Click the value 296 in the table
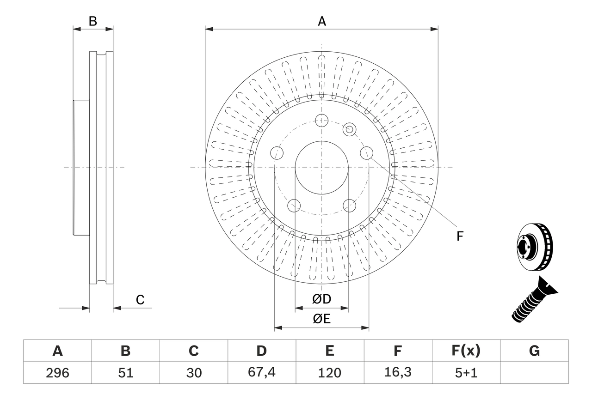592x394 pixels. point(57,373)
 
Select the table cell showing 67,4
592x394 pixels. point(261,373)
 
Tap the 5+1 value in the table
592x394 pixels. point(466,373)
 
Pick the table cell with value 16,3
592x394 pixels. point(398,373)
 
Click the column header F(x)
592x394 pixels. point(466,351)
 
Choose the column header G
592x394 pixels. point(534,351)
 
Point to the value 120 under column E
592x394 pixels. point(329,373)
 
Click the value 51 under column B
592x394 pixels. point(125,373)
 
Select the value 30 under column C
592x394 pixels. point(193,373)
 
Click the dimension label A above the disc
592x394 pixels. point(321,21)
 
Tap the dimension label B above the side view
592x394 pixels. point(93,21)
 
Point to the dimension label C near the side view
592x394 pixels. point(140,300)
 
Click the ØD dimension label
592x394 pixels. point(321,299)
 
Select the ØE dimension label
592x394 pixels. point(321,319)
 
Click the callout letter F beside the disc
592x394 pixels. point(459,236)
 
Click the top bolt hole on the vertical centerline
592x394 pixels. point(321,121)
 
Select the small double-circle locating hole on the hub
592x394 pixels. point(349,129)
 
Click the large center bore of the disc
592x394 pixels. point(321,167)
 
